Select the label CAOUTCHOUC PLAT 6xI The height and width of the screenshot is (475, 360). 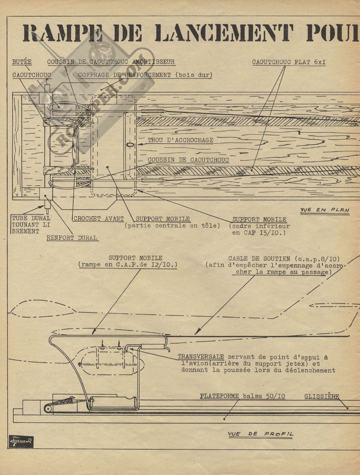click(289, 62)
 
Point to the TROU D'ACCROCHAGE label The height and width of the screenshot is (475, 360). click(180, 140)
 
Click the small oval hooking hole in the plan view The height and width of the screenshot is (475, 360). click(130, 144)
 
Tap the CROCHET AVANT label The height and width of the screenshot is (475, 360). click(99, 219)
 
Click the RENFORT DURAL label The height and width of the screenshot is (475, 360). click(72, 238)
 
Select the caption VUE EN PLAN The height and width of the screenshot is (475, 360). click(325, 210)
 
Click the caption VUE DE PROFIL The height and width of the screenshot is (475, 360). click(260, 434)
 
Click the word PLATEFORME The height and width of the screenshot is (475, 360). click(219, 396)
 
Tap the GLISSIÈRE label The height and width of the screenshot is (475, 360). click(322, 396)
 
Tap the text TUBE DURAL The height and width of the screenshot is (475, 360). click(31, 218)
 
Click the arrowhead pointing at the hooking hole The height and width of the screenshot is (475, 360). click(140, 144)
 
